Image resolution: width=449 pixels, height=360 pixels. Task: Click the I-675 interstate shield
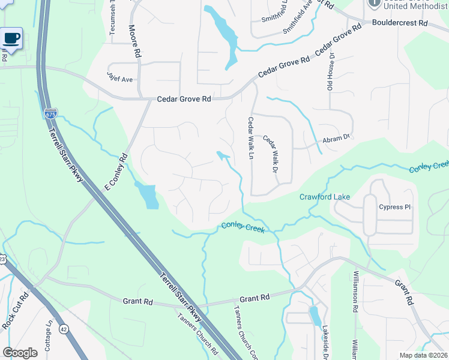(x=50, y=112)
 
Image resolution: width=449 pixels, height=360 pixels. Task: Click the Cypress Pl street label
(x=394, y=207)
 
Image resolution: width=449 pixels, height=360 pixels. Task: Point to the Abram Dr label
(x=336, y=137)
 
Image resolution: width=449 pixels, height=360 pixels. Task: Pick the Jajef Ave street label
(x=120, y=79)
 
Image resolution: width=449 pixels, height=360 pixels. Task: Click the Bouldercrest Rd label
(x=399, y=23)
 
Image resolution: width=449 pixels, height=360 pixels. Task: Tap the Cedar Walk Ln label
(x=251, y=139)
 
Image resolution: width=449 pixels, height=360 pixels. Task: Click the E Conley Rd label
(x=116, y=172)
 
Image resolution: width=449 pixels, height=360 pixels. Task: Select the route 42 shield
(x=63, y=329)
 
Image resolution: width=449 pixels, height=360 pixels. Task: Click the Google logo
(x=20, y=353)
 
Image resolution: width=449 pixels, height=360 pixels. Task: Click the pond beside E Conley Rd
(x=148, y=196)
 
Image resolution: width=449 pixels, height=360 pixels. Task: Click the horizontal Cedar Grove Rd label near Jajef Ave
(x=184, y=99)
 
